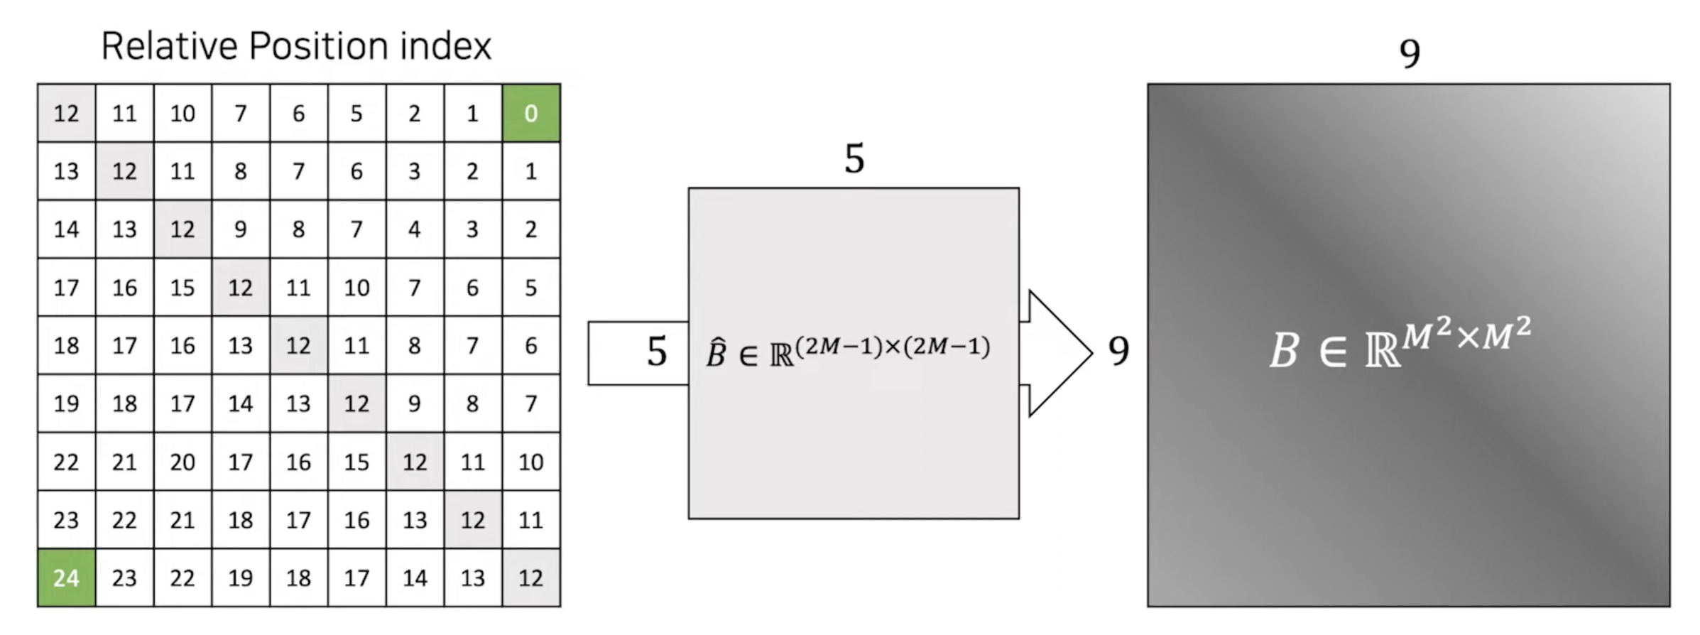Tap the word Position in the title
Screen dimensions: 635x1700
(x=319, y=47)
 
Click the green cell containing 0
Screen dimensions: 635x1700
(x=530, y=114)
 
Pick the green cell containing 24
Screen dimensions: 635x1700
(x=66, y=578)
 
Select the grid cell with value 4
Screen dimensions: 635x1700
(x=415, y=229)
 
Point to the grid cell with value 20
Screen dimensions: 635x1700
(x=182, y=462)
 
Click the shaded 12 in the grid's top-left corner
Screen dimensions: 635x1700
(x=66, y=114)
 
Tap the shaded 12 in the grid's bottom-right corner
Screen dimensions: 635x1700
(x=530, y=578)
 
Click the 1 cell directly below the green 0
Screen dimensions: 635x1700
(x=530, y=171)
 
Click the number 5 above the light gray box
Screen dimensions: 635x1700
(x=854, y=158)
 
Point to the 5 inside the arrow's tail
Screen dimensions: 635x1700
(x=657, y=352)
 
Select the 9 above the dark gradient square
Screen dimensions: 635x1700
(x=1410, y=53)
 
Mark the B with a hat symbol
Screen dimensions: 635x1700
(x=716, y=353)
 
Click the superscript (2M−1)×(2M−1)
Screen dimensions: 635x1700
(x=893, y=347)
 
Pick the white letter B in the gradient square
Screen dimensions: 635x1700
(x=1284, y=351)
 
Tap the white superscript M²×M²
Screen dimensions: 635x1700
(x=1466, y=335)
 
